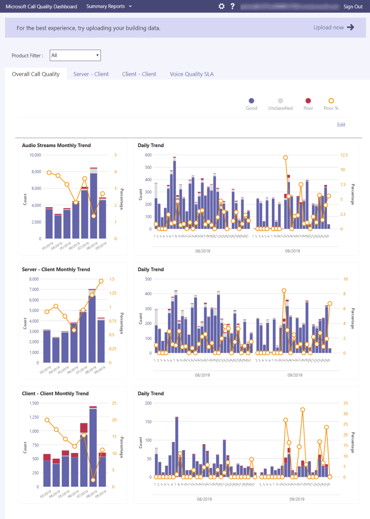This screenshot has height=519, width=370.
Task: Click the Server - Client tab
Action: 91,74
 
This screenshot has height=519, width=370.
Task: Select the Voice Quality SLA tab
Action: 191,74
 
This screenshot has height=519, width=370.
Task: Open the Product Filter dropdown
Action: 76,55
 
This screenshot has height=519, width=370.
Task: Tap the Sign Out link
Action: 353,6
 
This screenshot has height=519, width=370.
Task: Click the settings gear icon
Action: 222,6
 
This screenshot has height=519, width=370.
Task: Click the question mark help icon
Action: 233,6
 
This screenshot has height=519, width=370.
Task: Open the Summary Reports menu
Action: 109,6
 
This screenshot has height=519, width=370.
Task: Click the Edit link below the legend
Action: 341,125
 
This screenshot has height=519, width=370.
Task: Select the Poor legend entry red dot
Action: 308,101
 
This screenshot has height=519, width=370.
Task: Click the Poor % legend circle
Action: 331,101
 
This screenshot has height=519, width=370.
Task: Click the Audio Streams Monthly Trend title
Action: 56,146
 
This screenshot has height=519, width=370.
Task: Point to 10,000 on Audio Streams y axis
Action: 35,155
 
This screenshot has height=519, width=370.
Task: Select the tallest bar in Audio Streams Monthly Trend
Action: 94,204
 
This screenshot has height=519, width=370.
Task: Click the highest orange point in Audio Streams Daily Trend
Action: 285,158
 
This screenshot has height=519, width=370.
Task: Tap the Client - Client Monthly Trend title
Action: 55,394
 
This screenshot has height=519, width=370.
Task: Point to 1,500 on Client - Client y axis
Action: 34,403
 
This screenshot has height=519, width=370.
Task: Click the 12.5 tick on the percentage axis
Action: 344,155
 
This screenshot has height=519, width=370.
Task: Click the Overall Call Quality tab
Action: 36,74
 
